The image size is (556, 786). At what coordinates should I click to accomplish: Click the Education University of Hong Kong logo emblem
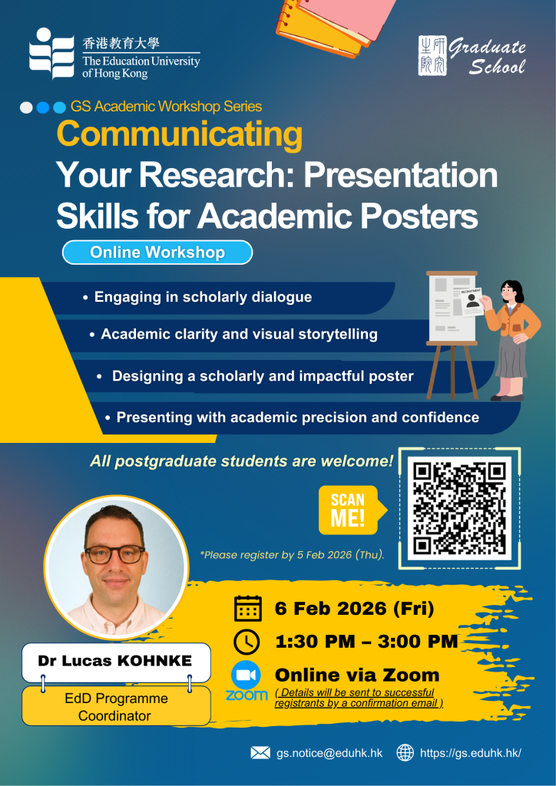(51, 54)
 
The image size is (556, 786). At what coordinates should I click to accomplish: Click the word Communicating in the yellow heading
(180, 135)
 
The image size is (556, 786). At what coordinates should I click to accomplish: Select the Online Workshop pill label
(157, 252)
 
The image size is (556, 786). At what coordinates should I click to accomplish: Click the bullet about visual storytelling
(233, 334)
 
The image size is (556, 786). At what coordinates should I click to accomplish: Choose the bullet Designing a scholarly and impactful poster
(255, 376)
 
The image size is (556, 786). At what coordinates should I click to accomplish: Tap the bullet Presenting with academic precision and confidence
(292, 417)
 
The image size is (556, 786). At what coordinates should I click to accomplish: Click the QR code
(459, 508)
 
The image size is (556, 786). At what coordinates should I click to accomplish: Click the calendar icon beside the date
(248, 609)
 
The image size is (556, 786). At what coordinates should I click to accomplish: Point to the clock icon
(247, 642)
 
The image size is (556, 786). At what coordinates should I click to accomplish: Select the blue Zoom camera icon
(246, 675)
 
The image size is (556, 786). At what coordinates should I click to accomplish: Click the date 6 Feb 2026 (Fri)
(354, 609)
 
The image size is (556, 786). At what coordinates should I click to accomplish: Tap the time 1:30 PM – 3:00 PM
(366, 641)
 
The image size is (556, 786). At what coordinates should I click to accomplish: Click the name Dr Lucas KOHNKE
(115, 661)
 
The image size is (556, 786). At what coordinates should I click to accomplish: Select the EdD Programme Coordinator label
(116, 707)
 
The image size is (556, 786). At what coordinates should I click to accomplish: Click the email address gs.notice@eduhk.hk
(329, 753)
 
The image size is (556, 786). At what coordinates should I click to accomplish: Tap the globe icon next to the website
(405, 752)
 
